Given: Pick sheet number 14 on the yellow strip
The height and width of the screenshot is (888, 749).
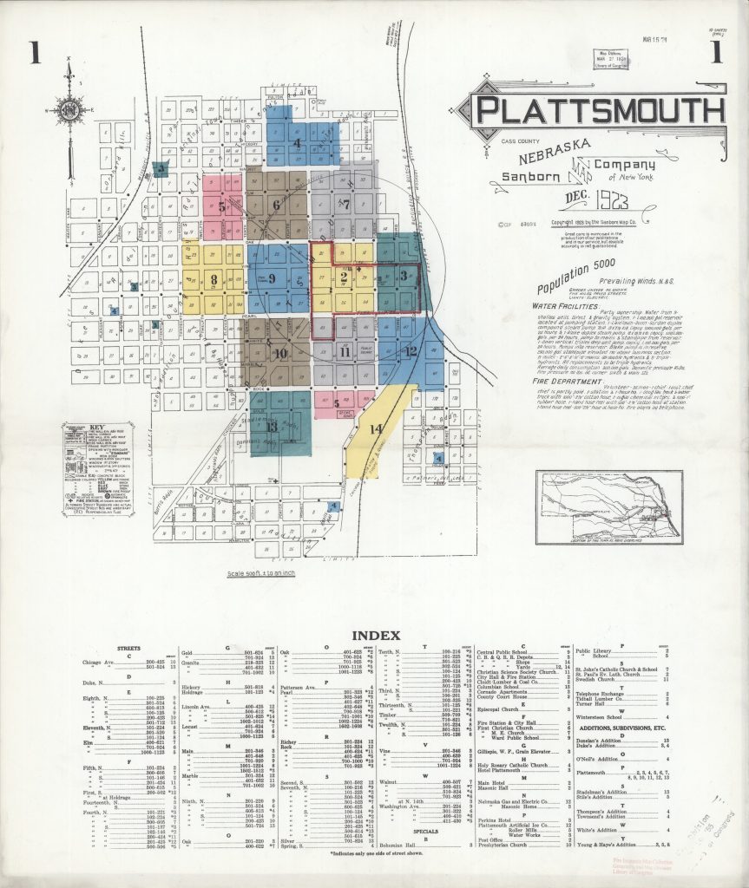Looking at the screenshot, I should point(375,428).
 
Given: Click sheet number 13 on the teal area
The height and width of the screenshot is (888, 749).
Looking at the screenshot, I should point(272,426).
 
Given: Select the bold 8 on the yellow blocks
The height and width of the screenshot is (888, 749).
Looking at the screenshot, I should point(214,279).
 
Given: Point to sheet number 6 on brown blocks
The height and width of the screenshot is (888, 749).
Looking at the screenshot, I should point(277,205).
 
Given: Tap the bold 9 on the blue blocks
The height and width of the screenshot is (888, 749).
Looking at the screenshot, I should point(273,278).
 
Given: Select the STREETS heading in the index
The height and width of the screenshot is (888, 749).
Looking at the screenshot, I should point(128,647).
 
